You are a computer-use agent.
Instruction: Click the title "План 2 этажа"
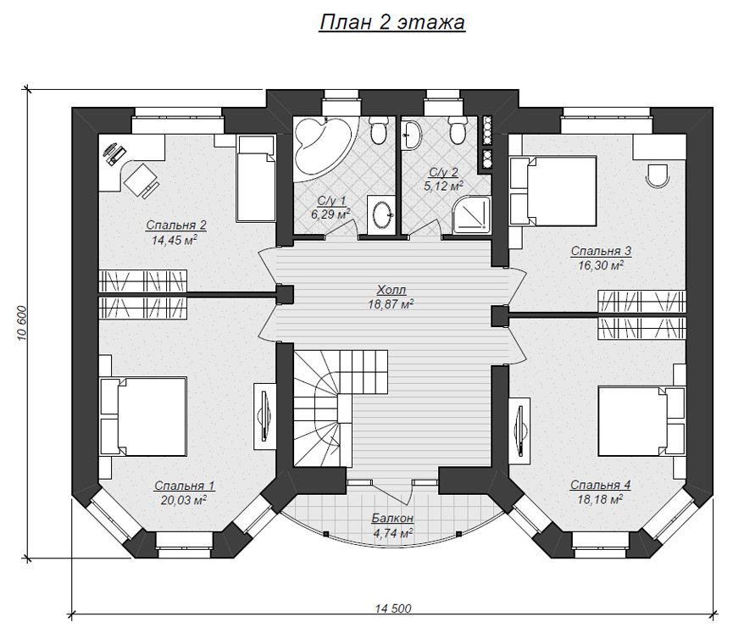click(391, 22)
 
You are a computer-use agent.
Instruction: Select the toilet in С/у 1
click(378, 131)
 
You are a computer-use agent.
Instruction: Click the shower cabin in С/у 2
click(472, 214)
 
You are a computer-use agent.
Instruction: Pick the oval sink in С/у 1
click(381, 215)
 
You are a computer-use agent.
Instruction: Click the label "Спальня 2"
click(175, 225)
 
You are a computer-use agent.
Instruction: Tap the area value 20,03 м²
click(184, 500)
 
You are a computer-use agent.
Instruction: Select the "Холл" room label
click(391, 289)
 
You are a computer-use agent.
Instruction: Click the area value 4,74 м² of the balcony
click(392, 532)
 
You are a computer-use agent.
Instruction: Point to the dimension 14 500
click(393, 608)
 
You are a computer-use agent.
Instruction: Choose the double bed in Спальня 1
click(143, 416)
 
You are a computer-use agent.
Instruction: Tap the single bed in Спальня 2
click(256, 179)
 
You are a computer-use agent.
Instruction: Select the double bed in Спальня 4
click(642, 420)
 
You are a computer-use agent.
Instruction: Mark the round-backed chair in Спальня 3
click(658, 176)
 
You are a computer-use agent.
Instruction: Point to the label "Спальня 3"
click(601, 251)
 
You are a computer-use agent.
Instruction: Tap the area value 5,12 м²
click(444, 186)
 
